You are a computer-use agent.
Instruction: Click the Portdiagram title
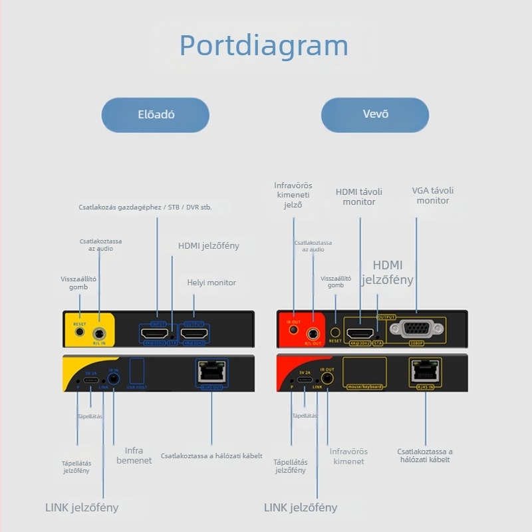click(264, 45)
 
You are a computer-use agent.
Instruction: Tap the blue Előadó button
click(156, 114)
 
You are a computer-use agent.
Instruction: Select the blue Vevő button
click(375, 114)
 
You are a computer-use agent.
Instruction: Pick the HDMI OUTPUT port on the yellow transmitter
click(195, 333)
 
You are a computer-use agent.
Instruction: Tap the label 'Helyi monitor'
click(211, 283)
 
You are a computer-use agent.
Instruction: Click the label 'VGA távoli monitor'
click(433, 196)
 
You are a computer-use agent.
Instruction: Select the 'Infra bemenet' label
click(134, 456)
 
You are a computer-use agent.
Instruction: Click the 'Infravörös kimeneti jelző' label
click(293, 195)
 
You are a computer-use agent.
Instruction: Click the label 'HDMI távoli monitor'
click(359, 197)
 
